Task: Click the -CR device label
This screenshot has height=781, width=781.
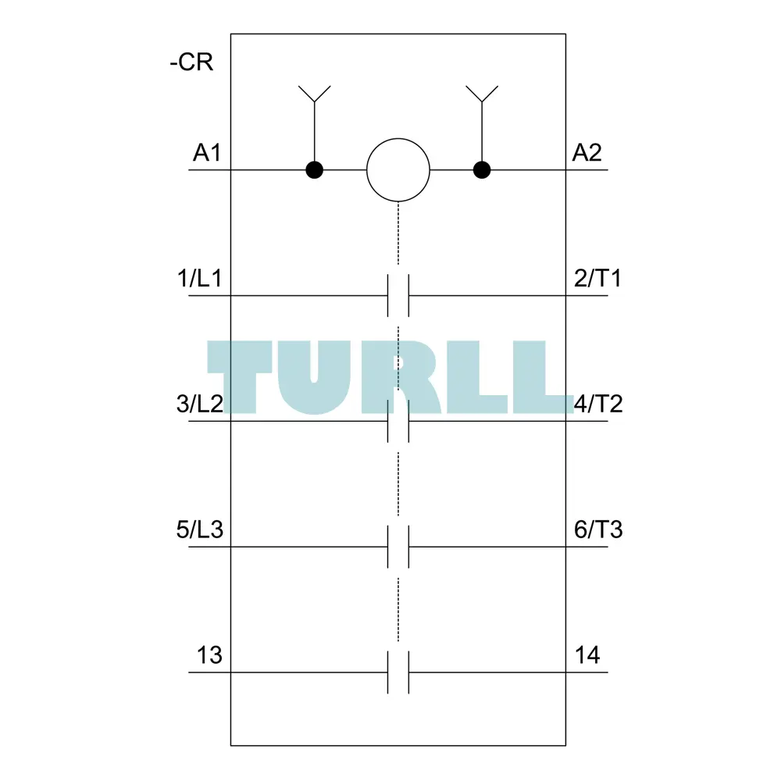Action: pos(191,62)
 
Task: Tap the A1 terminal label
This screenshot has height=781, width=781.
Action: pos(207,152)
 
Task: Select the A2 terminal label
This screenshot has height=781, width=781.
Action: pos(587,152)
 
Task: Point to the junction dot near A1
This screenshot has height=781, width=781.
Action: pos(314,169)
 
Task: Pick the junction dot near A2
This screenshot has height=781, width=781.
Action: pos(482,169)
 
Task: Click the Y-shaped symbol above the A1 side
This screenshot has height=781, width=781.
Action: pos(314,95)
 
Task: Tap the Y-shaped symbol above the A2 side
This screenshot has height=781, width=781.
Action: pos(482,95)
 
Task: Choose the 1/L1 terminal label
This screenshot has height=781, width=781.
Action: pos(199,278)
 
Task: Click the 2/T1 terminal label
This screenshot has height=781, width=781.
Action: pos(597,278)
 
